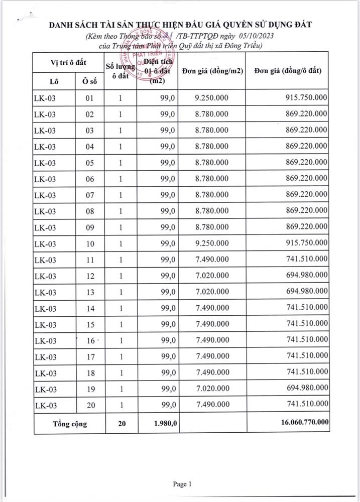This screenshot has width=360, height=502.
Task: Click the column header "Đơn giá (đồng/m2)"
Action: pos(211,71)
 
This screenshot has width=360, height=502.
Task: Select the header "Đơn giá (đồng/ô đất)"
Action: pos(288,71)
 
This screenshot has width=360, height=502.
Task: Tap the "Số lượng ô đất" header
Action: pos(121,71)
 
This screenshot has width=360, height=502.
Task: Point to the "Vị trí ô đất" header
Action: pos(68,62)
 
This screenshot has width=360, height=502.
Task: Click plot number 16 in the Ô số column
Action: pos(90,340)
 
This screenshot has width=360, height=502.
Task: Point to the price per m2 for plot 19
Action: pos(212,389)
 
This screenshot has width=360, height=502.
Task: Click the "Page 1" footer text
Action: pos(182,484)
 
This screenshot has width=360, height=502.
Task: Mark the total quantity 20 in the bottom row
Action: pos(121,423)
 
